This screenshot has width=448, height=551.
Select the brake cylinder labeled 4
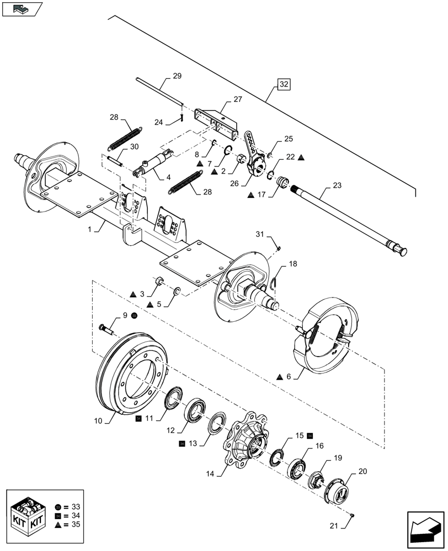(153, 164)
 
